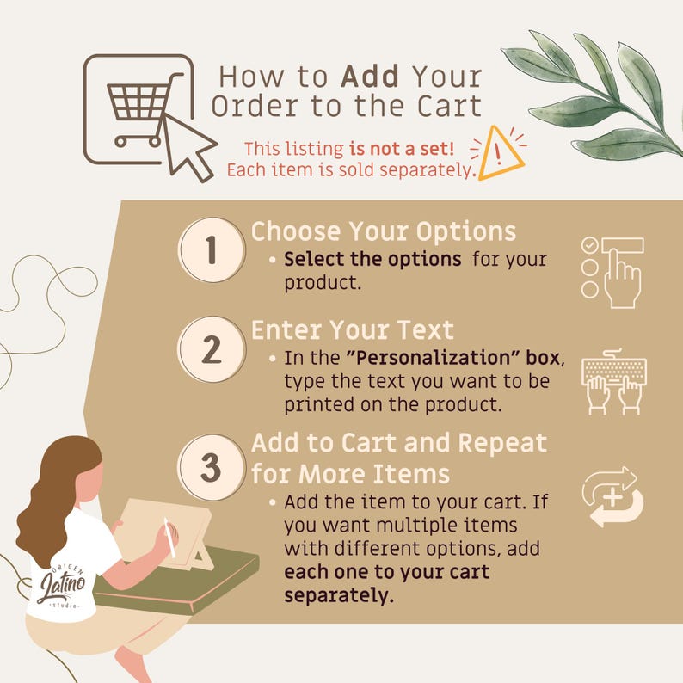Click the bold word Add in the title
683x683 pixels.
pos(370,77)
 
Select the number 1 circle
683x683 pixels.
pos(212,250)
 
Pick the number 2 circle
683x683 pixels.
pos(212,349)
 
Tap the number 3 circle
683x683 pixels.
pos(212,467)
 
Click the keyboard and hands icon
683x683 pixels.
pos(613,382)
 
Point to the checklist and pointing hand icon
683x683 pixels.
pos(612,273)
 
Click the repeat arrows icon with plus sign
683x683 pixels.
pos(612,497)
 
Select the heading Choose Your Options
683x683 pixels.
pos(384,231)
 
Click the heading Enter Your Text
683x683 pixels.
pos(353,329)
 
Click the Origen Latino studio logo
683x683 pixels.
pos(62,587)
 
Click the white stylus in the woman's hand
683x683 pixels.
pos(169,537)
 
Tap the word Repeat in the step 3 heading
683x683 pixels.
pos(502,443)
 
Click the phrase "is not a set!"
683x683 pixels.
pos(401,149)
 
